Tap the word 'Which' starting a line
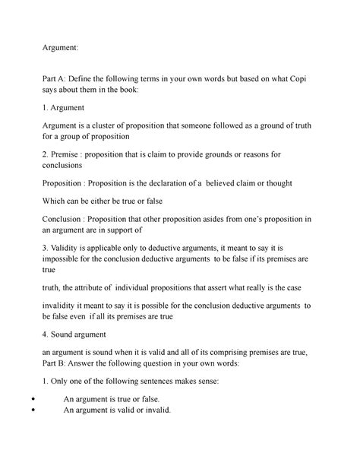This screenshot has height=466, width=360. (x=56, y=203)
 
